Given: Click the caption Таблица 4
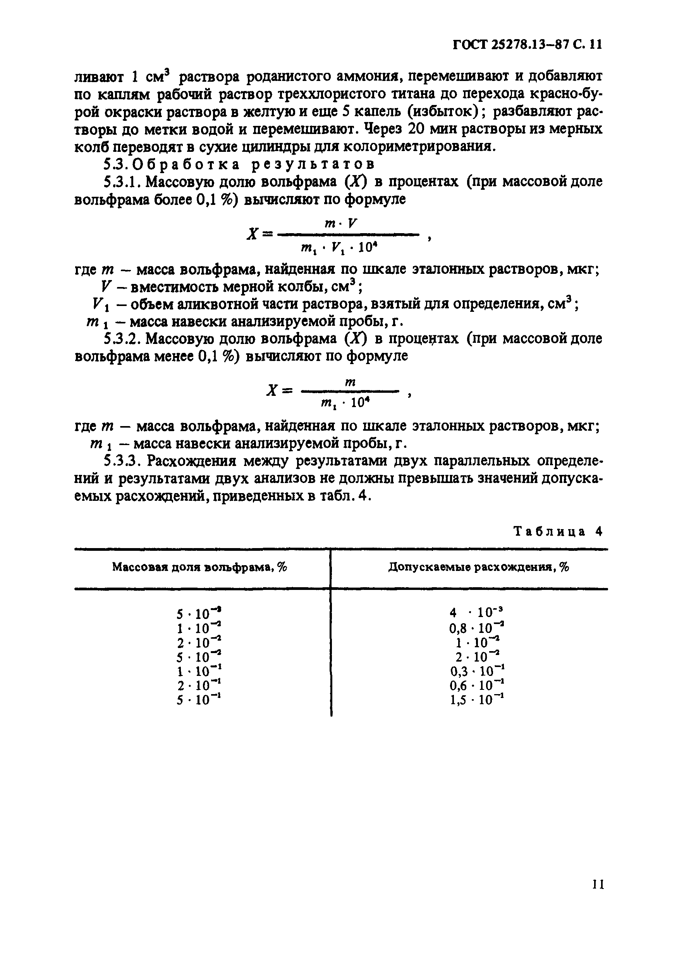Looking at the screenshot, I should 558,531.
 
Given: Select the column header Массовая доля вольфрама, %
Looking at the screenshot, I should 199,567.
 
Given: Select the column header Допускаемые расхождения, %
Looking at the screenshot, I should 478,567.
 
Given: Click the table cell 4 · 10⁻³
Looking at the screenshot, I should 478,613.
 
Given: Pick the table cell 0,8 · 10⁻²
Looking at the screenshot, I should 477,627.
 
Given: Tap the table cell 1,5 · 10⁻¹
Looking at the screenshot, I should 477,700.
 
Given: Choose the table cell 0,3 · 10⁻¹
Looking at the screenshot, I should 477,671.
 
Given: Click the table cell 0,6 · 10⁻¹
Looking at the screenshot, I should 477,685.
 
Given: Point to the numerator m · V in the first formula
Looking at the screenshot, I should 341,224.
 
